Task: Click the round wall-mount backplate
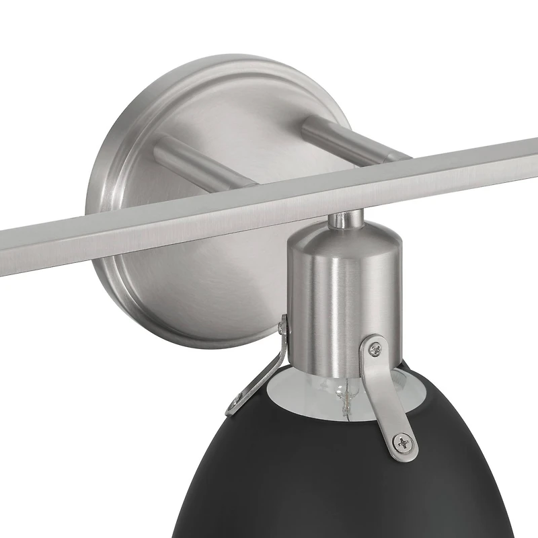coord(168,282)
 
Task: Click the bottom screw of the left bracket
coord(235,404)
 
